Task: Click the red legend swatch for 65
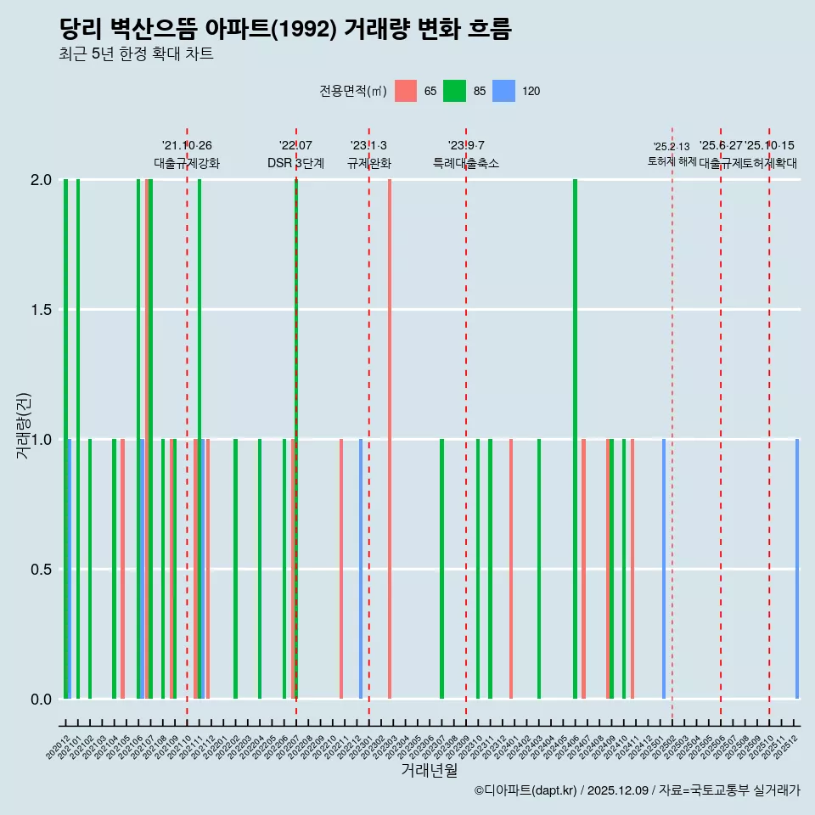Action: pos(406,91)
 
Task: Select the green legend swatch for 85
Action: pos(455,91)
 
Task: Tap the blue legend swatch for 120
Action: pos(504,91)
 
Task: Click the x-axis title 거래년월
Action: pos(429,771)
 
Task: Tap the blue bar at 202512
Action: pos(797,569)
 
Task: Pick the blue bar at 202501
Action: pos(664,569)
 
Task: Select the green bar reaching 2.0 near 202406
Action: pos(575,439)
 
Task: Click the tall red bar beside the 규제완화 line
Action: pos(390,439)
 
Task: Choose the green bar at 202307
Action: pos(441,569)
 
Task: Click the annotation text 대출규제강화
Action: pos(187,163)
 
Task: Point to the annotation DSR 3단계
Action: pos(295,163)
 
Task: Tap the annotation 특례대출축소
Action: pos(466,163)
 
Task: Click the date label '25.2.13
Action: pos(672,147)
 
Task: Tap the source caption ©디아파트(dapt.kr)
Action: pos(526,790)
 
